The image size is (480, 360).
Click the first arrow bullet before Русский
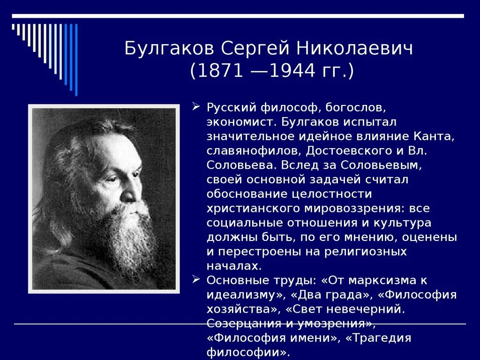point(196,107)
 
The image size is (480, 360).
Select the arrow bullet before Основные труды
point(196,280)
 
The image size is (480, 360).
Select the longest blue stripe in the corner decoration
point(76,59)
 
